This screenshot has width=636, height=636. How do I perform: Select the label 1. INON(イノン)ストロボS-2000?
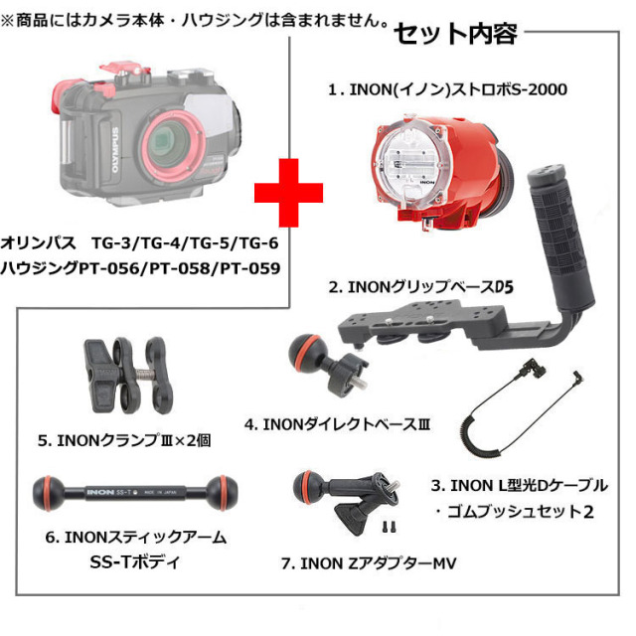point(447,89)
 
